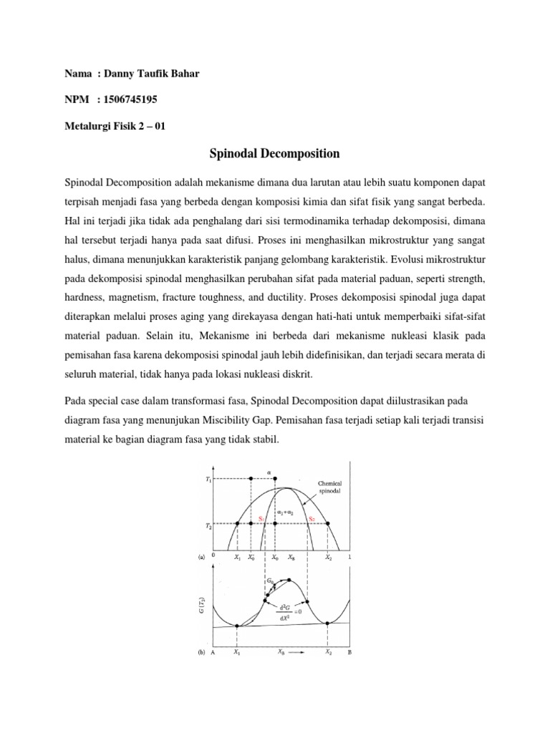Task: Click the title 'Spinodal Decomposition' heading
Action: (x=274, y=153)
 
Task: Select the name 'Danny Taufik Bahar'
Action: (x=146, y=72)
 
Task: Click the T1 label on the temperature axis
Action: (x=208, y=478)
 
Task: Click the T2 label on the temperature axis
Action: (x=208, y=524)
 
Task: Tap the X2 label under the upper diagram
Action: (x=329, y=557)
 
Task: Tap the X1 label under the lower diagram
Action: (x=237, y=654)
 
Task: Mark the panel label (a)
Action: (x=201, y=557)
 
